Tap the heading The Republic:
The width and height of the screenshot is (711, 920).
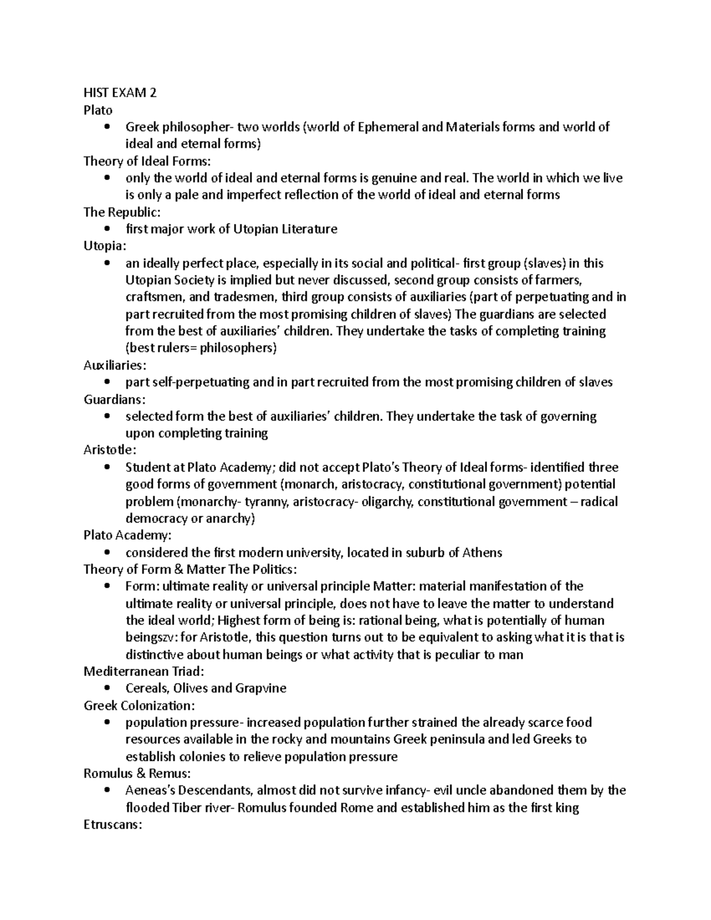(x=122, y=212)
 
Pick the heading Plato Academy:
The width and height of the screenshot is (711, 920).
(x=127, y=536)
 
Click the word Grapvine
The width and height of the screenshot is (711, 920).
(x=261, y=688)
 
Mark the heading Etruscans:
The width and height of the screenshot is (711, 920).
(x=113, y=825)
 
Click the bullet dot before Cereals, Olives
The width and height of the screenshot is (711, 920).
(x=107, y=688)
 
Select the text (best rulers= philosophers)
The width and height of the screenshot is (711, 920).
(x=201, y=348)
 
